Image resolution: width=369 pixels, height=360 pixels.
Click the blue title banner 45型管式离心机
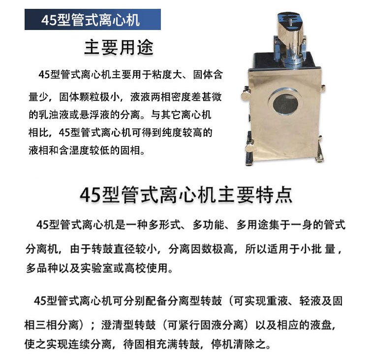92,20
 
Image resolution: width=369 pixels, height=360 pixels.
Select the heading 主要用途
119,48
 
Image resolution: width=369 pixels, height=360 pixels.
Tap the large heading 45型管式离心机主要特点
186,195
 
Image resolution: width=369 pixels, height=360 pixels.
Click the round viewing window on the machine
285,102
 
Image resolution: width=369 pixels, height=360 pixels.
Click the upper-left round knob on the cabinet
245,94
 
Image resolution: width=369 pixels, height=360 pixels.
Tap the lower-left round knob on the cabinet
249,148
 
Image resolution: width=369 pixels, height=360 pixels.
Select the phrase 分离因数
190,249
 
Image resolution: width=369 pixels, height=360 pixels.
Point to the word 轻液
310,301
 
